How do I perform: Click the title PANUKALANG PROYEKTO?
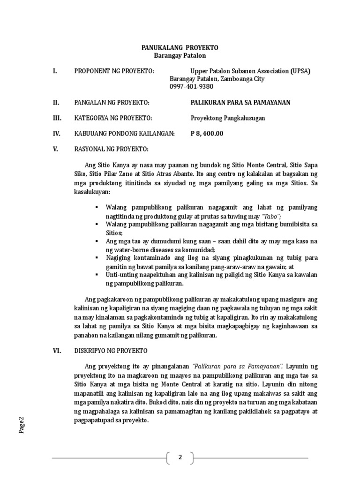[180, 48]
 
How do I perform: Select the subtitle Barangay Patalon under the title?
[180, 55]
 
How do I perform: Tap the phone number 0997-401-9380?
[191, 86]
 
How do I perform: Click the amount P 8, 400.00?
[207, 134]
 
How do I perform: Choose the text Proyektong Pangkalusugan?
[227, 118]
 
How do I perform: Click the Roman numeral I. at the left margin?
[55, 71]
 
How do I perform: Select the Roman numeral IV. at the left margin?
[56, 134]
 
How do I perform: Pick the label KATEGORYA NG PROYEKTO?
[113, 118]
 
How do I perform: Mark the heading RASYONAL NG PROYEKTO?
[112, 150]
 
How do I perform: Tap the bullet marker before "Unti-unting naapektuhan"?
[96, 275]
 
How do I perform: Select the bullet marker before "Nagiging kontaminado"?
[96, 258]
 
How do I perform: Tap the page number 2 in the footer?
[180, 457]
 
